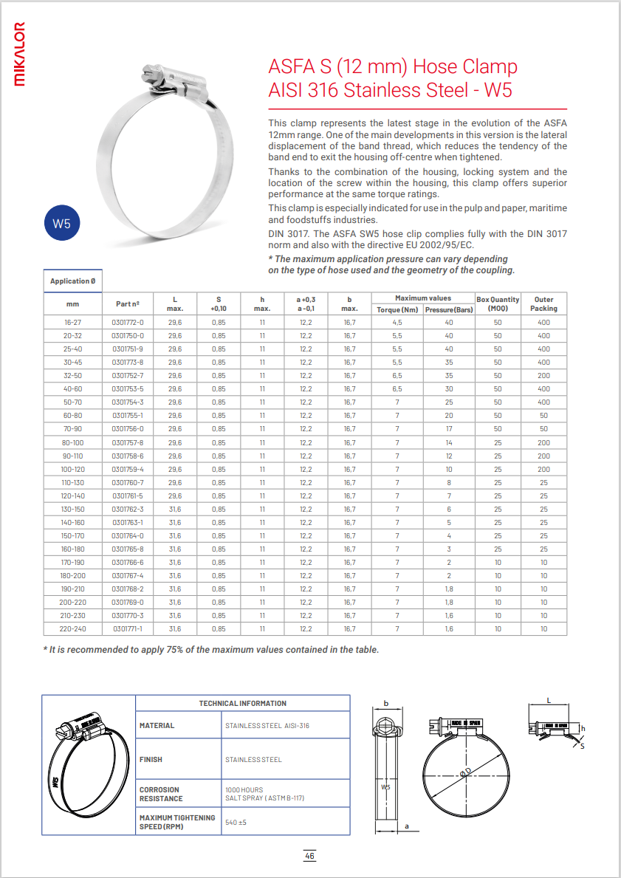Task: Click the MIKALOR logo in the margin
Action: tap(21, 55)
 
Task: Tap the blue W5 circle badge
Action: tap(61, 224)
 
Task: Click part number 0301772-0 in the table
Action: tap(128, 323)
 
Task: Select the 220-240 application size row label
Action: tap(72, 628)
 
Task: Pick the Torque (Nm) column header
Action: tap(397, 309)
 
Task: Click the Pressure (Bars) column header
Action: tap(449, 309)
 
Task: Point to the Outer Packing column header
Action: tap(543, 303)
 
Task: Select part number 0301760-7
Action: tap(128, 482)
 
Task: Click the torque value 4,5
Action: tap(397, 323)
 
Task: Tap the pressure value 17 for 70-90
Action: tap(449, 429)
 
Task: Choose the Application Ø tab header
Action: tap(72, 281)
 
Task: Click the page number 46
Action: tap(310, 856)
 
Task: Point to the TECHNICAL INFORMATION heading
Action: tap(243, 703)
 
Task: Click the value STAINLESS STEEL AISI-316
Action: tap(267, 726)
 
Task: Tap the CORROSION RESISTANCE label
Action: tap(159, 794)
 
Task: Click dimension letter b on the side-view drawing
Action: tap(385, 704)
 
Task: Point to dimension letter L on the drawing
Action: tap(549, 699)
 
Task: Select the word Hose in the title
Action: tap(439, 67)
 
